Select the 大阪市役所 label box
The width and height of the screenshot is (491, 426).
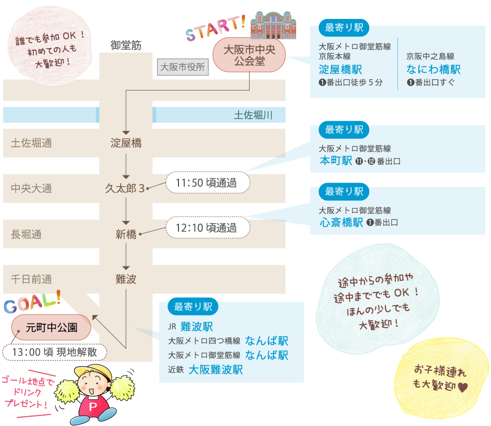pyautogui.click(x=182, y=67)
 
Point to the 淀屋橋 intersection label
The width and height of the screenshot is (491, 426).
pyautogui.click(x=126, y=144)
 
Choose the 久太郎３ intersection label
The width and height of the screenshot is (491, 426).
pyautogui.click(x=125, y=188)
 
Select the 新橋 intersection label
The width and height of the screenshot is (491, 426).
pyautogui.click(x=126, y=235)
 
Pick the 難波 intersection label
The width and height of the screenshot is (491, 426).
pyautogui.click(x=126, y=279)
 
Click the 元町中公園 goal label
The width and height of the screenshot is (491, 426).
pyautogui.click(x=52, y=327)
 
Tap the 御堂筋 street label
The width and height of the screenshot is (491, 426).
pyautogui.click(x=126, y=46)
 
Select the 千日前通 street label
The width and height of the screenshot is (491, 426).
pyautogui.click(x=31, y=279)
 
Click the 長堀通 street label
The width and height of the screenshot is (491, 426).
pyautogui.click(x=26, y=235)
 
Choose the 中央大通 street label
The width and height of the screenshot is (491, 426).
pyautogui.click(x=31, y=189)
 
